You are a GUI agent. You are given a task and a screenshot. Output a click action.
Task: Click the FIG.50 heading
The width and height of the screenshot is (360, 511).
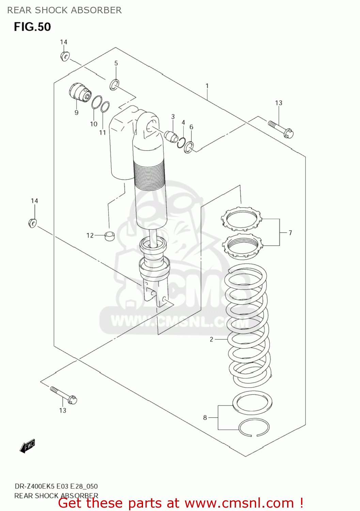(32, 27)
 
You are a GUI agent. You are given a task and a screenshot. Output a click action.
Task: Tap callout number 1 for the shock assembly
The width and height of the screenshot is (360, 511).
(207, 86)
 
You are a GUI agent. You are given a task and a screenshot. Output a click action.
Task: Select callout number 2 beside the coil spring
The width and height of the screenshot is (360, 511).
(212, 339)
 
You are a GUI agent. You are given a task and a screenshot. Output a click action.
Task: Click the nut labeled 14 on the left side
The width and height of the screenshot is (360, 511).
(32, 223)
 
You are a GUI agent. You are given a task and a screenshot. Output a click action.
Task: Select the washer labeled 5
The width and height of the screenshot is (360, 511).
(114, 85)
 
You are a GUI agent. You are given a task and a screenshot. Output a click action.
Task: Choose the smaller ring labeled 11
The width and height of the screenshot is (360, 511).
(105, 106)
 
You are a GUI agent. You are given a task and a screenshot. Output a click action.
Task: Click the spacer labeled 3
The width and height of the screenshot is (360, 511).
(171, 136)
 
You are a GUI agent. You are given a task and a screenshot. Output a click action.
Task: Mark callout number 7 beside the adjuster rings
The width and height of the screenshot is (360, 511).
(290, 233)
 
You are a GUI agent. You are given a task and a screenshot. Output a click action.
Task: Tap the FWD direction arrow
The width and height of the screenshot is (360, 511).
(28, 446)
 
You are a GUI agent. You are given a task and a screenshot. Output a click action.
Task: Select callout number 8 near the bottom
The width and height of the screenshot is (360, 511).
(205, 417)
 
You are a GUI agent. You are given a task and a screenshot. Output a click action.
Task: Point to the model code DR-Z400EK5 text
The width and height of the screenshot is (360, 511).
(34, 486)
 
